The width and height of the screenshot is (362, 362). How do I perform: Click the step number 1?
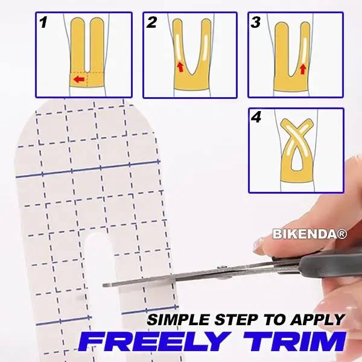pos(43,24)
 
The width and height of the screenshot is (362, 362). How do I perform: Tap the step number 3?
pos(256,24)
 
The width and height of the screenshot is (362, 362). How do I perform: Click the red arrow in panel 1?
pos(77,79)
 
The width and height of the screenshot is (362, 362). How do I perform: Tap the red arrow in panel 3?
pos(303,69)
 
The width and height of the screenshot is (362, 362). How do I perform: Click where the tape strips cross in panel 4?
pos(296,136)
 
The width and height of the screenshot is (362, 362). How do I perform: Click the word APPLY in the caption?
pos(321,320)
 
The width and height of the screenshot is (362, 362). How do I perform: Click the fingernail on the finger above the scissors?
pos(262,244)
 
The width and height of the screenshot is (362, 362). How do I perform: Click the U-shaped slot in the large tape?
pos(100,265)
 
